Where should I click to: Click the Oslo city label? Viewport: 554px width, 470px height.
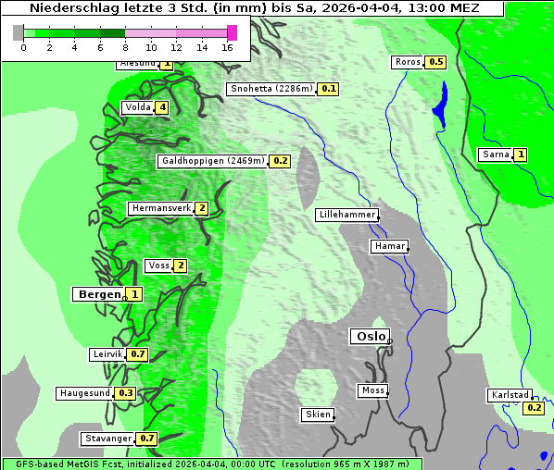[369, 337]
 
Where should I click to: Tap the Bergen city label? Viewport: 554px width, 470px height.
[98, 294]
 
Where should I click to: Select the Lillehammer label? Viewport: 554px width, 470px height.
[346, 215]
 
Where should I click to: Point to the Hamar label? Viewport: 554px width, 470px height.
[388, 246]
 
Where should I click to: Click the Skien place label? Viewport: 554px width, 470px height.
[317, 414]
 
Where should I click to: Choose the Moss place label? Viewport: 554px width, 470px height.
[372, 390]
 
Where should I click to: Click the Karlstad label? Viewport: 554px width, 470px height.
[510, 395]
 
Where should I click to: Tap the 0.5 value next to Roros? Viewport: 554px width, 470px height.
[435, 62]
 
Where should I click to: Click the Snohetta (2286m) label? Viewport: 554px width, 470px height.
[271, 89]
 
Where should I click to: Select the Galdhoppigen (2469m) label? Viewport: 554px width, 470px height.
[213, 161]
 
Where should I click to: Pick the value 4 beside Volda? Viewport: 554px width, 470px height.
[163, 107]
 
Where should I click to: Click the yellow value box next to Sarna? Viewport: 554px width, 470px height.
[521, 155]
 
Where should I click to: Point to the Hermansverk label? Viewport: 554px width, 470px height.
[160, 208]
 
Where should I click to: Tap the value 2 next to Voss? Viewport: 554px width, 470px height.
[181, 266]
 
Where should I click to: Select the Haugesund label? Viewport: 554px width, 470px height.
[84, 393]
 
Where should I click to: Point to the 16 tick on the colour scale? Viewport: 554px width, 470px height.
[228, 47]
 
